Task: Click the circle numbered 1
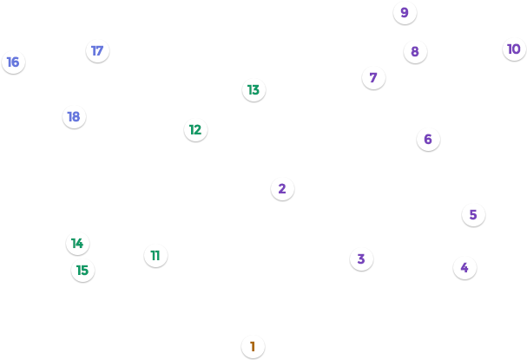pyautogui.click(x=253, y=346)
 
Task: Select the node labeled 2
pyautogui.click(x=282, y=188)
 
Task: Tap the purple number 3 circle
pyautogui.click(x=361, y=259)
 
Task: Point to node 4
pyautogui.click(x=464, y=267)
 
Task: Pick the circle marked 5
pyautogui.click(x=473, y=214)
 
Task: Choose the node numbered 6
pyautogui.click(x=428, y=139)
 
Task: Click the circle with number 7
pyautogui.click(x=373, y=77)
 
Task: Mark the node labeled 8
pyautogui.click(x=415, y=51)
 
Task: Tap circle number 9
pyautogui.click(x=405, y=12)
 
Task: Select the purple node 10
pyautogui.click(x=514, y=49)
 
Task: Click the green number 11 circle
pyautogui.click(x=155, y=255)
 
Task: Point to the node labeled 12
pyautogui.click(x=195, y=129)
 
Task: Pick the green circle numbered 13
pyautogui.click(x=254, y=89)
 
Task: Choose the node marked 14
pyautogui.click(x=77, y=243)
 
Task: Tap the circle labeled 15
pyautogui.click(x=82, y=270)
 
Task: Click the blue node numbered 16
pyautogui.click(x=13, y=62)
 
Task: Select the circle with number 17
pyautogui.click(x=97, y=50)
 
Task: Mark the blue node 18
pyautogui.click(x=74, y=116)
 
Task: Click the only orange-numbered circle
pyautogui.click(x=253, y=346)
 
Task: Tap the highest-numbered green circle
pyautogui.click(x=82, y=270)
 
